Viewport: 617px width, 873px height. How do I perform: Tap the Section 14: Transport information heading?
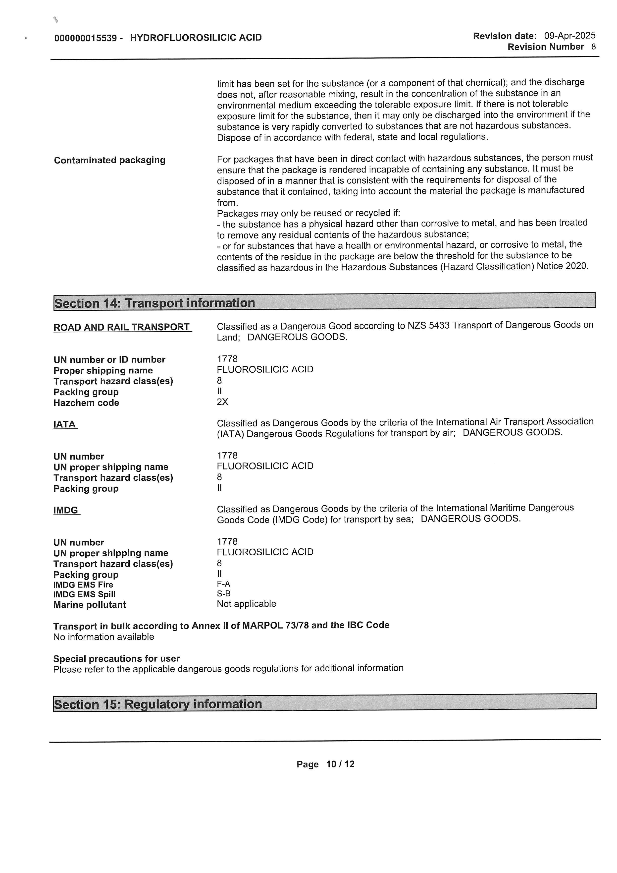click(155, 303)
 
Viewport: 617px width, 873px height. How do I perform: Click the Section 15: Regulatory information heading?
click(158, 704)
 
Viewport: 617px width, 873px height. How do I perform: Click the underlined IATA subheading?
click(65, 424)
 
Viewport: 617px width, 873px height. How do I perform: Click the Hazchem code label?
click(86, 403)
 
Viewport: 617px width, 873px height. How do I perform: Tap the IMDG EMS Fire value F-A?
click(223, 584)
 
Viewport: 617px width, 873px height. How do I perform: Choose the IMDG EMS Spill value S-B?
click(223, 593)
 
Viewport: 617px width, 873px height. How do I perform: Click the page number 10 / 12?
click(340, 764)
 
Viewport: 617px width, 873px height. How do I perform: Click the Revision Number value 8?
click(593, 47)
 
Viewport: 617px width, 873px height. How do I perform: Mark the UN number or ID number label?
click(109, 360)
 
